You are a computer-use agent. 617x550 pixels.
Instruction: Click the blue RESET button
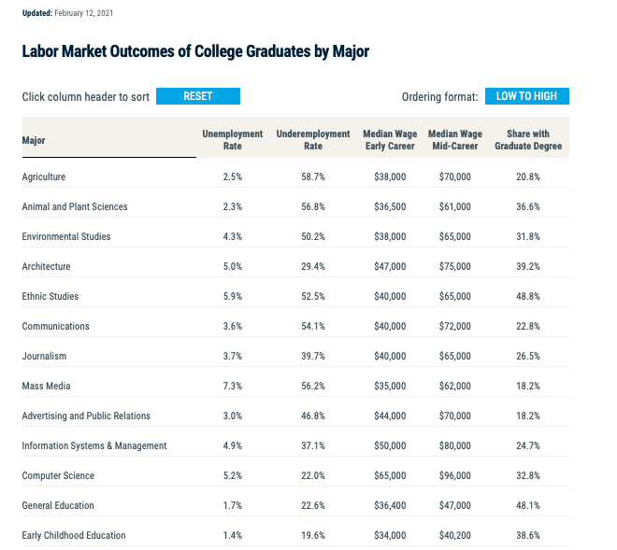coord(197,96)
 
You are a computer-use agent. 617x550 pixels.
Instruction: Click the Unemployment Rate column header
coord(232,140)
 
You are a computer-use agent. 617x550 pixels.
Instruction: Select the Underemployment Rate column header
coord(313,140)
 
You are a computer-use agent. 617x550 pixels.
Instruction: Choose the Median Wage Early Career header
coord(389,140)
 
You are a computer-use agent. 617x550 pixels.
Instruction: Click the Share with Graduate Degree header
coord(527,140)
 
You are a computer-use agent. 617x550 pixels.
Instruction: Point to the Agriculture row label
coord(44,176)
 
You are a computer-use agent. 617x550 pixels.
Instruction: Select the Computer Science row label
coord(58,475)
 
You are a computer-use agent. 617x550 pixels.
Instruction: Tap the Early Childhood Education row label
coord(74,535)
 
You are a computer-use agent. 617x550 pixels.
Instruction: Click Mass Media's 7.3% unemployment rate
coord(232,386)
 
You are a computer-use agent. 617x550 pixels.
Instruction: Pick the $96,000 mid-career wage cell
coord(454,475)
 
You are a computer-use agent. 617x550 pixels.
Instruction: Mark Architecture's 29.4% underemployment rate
coord(313,266)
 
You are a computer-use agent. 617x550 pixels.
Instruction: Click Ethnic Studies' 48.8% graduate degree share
coord(527,296)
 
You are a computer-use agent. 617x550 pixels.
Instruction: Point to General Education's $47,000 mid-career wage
coord(454,505)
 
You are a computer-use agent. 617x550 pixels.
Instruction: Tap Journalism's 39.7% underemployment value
coord(313,356)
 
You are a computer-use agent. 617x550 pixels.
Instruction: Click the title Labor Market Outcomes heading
coord(195,51)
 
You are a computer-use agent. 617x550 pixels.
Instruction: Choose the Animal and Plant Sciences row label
coord(75,206)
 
